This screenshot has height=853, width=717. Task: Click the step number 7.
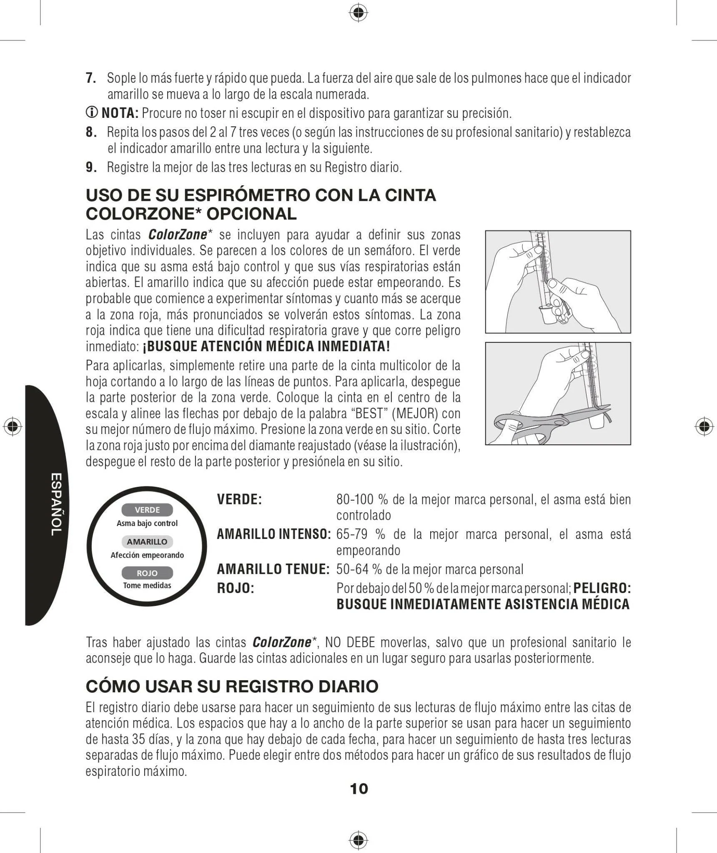click(x=91, y=78)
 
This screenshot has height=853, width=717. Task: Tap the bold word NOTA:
click(x=120, y=113)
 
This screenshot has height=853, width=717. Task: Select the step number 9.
click(x=91, y=167)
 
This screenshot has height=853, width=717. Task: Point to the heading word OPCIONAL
click(x=251, y=214)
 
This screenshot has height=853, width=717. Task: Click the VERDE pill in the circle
click(x=147, y=510)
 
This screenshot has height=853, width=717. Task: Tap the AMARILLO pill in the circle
click(x=147, y=541)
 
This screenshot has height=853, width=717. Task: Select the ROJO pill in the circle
click(x=147, y=573)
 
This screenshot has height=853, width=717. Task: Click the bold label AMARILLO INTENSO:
click(x=274, y=534)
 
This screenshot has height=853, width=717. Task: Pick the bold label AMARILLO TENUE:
click(x=273, y=569)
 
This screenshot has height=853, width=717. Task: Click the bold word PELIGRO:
click(x=602, y=588)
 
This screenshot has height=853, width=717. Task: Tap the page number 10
click(x=359, y=788)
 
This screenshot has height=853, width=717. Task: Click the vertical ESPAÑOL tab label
click(x=56, y=504)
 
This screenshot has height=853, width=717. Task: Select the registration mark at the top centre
click(x=358, y=14)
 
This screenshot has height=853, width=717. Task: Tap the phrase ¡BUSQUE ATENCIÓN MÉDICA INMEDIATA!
click(x=266, y=346)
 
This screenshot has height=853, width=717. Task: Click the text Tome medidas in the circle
click(x=147, y=585)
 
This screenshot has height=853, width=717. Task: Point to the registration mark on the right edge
click(x=704, y=426)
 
